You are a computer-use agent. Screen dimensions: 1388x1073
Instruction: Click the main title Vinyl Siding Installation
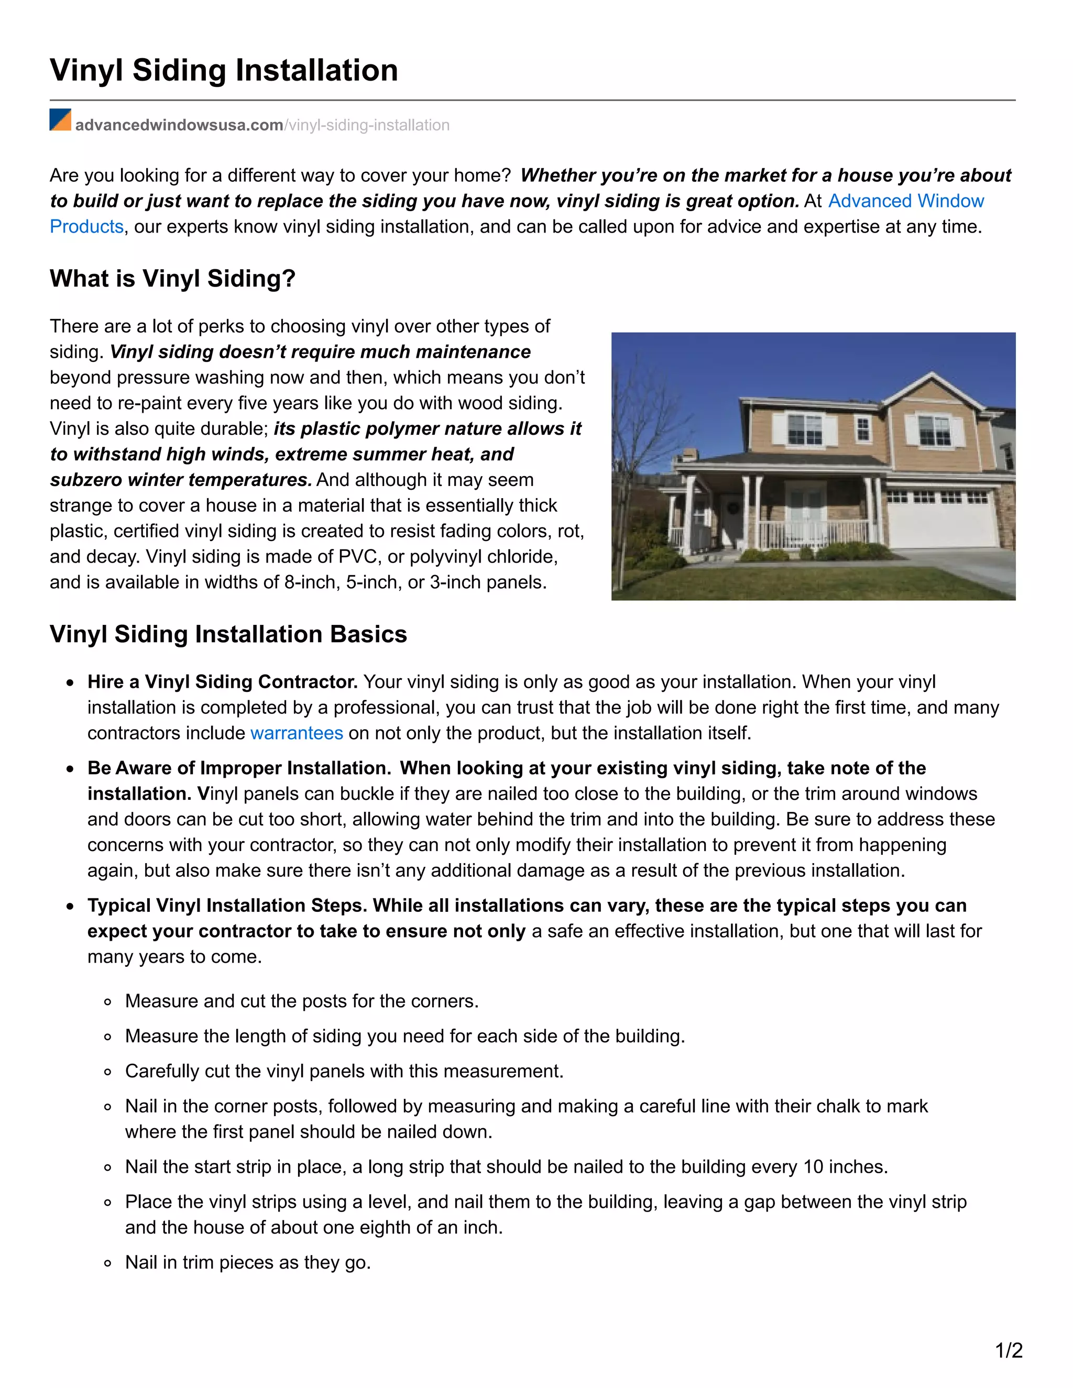pos(224,70)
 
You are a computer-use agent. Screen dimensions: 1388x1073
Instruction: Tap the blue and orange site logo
pos(60,120)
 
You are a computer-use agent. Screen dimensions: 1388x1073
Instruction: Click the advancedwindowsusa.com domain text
pos(179,125)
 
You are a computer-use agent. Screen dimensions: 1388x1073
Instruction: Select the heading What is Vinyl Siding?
pos(172,278)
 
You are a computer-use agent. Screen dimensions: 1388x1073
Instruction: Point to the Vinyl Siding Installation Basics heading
pos(228,634)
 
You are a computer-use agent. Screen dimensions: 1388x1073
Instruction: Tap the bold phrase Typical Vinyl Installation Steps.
pos(227,906)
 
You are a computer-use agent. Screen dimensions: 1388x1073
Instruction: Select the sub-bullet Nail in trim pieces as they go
pos(248,1262)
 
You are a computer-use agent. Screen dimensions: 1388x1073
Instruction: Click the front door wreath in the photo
pos(732,509)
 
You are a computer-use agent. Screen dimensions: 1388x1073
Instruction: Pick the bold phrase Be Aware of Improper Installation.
pos(239,768)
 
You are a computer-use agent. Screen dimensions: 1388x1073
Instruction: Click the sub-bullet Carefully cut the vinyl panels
pos(344,1071)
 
